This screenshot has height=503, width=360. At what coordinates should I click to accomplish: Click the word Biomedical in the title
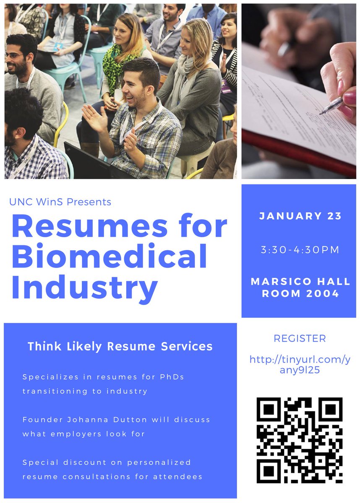click(109, 256)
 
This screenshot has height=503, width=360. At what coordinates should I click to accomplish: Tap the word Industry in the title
click(84, 288)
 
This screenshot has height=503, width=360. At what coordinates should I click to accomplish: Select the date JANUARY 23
click(300, 216)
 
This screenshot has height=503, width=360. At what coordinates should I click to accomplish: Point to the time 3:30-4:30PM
click(300, 250)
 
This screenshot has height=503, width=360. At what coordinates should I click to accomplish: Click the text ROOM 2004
click(300, 293)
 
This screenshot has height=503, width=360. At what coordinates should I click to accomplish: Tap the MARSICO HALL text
click(300, 281)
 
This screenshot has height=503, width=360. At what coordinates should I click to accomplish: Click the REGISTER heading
click(300, 338)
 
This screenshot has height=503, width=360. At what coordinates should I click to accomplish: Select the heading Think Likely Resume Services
click(120, 346)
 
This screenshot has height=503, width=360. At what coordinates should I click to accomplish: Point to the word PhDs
click(172, 377)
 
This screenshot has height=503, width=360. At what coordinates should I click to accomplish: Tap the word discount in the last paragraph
click(93, 462)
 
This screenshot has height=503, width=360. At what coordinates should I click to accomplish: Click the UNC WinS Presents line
click(60, 202)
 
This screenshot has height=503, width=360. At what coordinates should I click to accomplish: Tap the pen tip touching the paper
click(320, 114)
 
